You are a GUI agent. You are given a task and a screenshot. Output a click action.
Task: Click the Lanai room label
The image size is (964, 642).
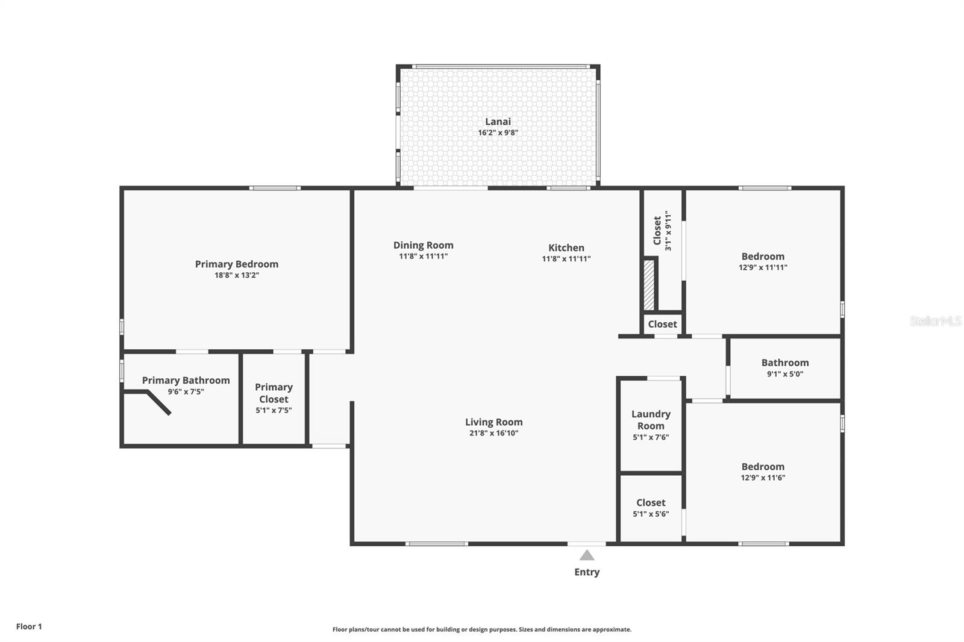tap(498, 122)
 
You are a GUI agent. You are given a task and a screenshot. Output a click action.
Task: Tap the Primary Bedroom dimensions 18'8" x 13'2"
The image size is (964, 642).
tap(237, 275)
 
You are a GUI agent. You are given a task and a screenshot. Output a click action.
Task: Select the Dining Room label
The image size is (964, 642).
tap(424, 245)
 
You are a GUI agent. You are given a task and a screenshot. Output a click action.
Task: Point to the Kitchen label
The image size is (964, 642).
tap(566, 248)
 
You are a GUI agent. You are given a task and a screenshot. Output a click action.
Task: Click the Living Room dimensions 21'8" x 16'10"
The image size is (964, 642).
tap(494, 433)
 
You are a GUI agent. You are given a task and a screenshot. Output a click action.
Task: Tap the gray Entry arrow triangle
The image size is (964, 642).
tap(587, 555)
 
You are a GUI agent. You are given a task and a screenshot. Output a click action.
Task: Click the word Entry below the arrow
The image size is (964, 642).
tap(587, 572)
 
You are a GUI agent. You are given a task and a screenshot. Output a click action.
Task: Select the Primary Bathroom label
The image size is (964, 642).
tap(186, 381)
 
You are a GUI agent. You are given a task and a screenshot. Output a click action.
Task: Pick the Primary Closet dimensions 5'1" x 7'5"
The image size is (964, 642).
tap(274, 411)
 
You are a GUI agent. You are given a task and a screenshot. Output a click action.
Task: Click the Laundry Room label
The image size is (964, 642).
tap(651, 420)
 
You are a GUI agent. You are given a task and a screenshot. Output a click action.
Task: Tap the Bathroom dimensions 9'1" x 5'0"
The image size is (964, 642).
tap(785, 375)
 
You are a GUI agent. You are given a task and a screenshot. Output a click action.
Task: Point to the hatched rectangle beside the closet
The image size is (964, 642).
tap(649, 285)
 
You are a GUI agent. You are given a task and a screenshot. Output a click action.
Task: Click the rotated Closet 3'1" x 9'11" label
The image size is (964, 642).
tap(662, 231)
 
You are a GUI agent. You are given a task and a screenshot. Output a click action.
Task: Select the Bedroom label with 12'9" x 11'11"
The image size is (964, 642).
tap(763, 257)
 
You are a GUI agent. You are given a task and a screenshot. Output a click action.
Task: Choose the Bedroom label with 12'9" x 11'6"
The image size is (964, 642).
tap(763, 467)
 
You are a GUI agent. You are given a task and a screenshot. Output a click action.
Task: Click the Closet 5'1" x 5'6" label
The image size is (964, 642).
tap(651, 503)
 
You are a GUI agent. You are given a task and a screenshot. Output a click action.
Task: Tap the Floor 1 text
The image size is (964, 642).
tap(30, 626)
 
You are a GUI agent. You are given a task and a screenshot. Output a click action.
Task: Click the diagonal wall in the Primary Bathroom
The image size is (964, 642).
tap(159, 403)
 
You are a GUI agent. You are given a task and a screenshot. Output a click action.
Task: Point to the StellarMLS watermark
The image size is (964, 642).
tap(936, 321)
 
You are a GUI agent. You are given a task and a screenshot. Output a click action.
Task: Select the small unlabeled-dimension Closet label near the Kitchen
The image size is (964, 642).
tap(662, 325)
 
